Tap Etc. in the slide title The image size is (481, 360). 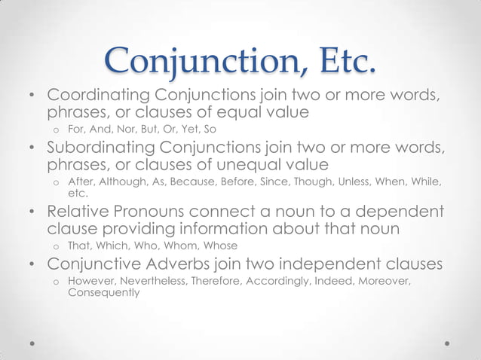tap(336, 61)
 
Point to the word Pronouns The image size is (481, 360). tap(152, 212)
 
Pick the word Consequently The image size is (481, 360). tap(104, 291)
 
